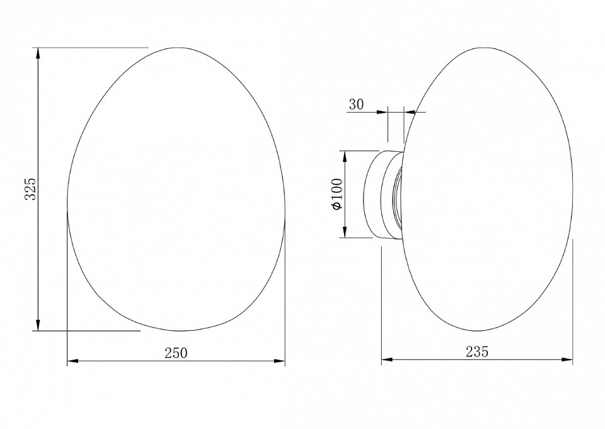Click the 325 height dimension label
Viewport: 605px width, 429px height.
[x=30, y=189]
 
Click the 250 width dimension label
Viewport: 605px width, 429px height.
[x=176, y=353]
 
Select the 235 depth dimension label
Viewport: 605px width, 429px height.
[x=477, y=352]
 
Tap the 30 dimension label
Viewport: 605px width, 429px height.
[x=356, y=105]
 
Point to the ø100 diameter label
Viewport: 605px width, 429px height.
[x=337, y=194]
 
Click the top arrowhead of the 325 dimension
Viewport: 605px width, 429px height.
[x=38, y=53]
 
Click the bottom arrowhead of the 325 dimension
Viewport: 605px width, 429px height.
[x=38, y=325]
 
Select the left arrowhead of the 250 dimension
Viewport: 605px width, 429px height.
[x=73, y=361]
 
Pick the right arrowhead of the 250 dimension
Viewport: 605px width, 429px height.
[x=279, y=361]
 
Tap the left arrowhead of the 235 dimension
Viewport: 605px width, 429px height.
[x=387, y=360]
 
